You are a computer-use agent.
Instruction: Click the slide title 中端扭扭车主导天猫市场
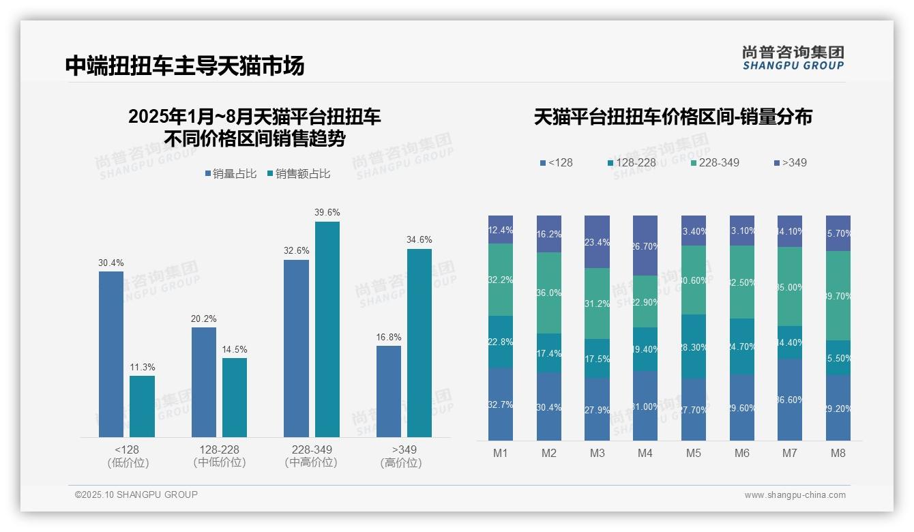185,65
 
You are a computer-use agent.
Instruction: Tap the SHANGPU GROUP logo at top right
793,58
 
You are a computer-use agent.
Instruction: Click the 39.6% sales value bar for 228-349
327,329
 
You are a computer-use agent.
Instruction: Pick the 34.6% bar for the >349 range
419,342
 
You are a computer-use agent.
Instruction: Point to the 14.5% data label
235,349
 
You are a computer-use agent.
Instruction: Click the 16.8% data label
389,337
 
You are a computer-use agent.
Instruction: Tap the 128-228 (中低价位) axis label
219,456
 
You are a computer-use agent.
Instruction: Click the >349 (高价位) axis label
404,456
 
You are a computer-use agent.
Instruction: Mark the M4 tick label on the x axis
645,453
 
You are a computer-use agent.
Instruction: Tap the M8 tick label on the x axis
838,453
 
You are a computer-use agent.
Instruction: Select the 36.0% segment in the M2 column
549,293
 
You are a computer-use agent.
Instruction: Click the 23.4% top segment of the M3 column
598,241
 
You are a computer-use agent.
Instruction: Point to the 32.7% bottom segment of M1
501,404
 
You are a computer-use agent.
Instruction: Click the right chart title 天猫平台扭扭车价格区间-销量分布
673,117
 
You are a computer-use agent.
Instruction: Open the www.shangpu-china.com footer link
795,495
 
